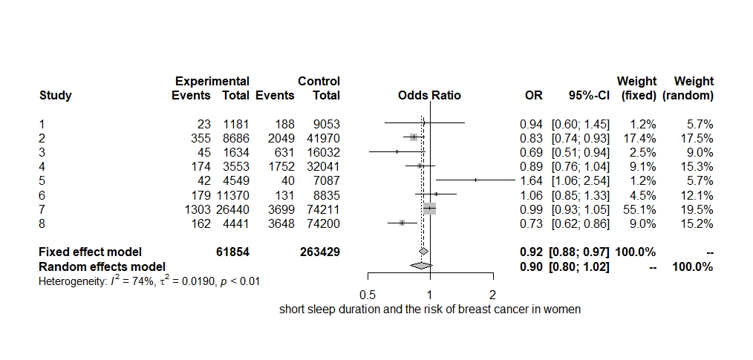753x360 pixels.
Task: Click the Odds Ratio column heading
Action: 429,95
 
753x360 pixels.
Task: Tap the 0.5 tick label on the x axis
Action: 367,295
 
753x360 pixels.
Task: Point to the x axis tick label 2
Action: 492,295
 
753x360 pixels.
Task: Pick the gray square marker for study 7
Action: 429,209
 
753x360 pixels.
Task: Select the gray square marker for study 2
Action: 414,137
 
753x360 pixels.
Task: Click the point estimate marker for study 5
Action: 475,180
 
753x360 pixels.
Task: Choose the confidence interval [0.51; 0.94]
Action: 580,151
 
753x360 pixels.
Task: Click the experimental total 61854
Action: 232,252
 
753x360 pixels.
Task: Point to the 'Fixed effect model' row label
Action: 90,252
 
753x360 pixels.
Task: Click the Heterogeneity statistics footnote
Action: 149,281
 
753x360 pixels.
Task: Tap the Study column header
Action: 55,95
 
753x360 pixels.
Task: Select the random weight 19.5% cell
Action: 696,209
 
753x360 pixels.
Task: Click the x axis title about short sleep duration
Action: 429,310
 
